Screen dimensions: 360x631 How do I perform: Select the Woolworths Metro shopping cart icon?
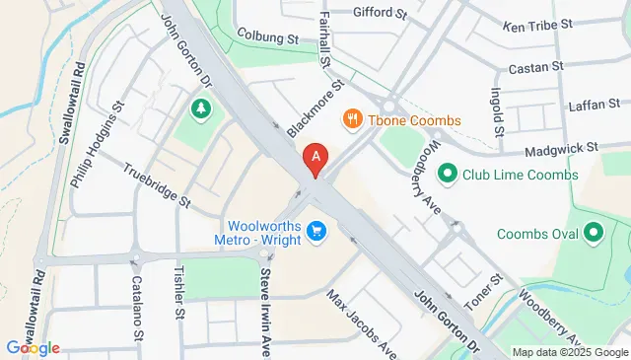(x=316, y=230)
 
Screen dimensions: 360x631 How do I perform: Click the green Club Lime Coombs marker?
(x=448, y=175)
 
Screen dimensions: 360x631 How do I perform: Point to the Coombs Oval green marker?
(x=594, y=233)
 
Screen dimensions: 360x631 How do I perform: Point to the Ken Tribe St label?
(x=536, y=26)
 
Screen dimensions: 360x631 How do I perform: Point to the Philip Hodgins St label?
(x=98, y=143)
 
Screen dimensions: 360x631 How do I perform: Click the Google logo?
(x=33, y=347)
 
